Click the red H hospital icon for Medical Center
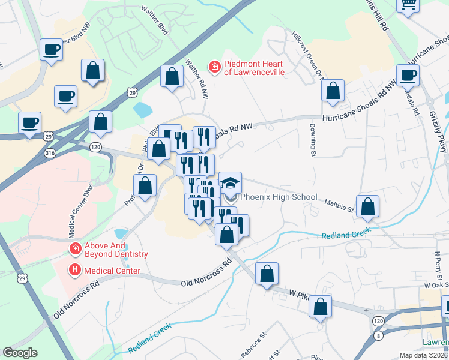tap(76, 270)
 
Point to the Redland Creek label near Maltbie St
tap(346, 235)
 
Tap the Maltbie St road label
tap(339, 207)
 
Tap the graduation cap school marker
tap(230, 182)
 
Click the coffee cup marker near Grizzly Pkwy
tap(408, 76)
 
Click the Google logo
tap(20, 353)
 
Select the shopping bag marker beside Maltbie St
tap(367, 206)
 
